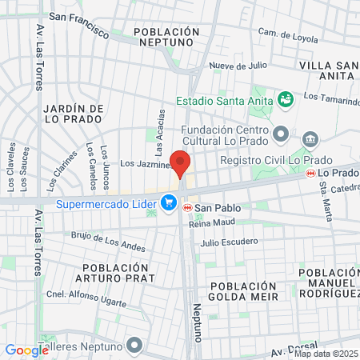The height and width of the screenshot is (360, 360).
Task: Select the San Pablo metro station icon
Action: pos(187,207)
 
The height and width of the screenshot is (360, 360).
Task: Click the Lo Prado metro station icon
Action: pos(311,173)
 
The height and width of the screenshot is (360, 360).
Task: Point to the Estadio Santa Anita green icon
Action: pos(285,98)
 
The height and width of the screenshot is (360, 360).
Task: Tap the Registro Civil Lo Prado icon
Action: pos(310,139)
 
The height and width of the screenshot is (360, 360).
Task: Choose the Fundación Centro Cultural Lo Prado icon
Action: pos(279,132)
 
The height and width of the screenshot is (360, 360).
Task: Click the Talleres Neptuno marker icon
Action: pos(134,346)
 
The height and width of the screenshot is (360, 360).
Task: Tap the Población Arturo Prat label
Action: pos(118,273)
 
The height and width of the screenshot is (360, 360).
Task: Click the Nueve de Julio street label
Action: pos(237,67)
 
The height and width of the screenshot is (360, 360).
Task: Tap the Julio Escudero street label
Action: pos(230,241)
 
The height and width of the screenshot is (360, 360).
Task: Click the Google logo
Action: pos(26,350)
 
